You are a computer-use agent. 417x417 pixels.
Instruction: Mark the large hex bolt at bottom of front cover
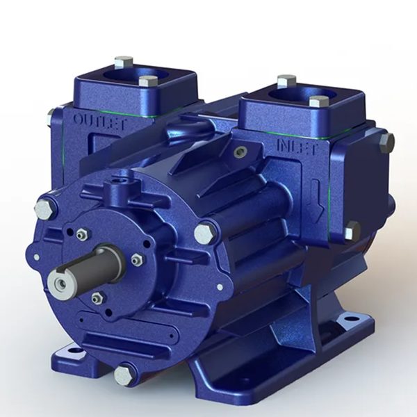(x=124, y=375)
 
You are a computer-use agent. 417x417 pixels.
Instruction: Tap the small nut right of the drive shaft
(x=137, y=260)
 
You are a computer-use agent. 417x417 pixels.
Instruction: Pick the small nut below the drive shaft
(x=97, y=298)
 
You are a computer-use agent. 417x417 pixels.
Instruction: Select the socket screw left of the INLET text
(x=240, y=152)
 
